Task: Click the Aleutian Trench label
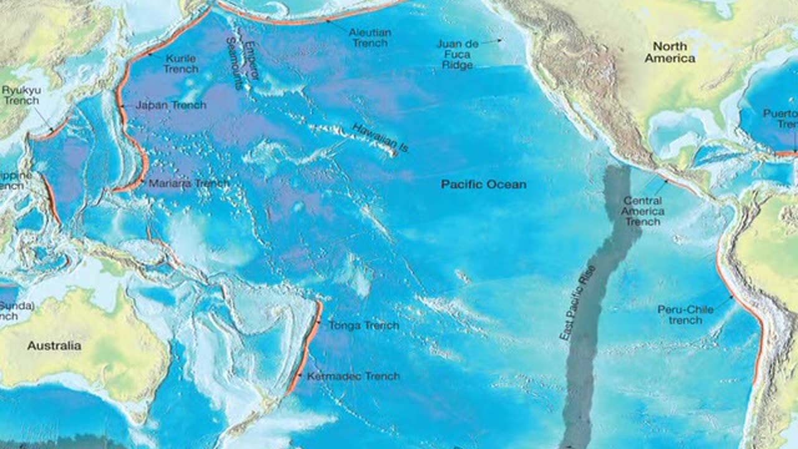(370, 37)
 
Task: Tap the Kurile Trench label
(181, 64)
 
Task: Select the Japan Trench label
(171, 105)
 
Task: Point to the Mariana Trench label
(189, 183)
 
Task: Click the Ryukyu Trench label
(21, 95)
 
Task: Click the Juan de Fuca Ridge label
(458, 54)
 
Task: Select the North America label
(670, 52)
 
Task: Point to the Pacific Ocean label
(484, 185)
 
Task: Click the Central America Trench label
(642, 211)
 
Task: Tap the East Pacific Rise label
(577, 302)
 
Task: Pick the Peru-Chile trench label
(685, 315)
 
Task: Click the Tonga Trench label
(363, 326)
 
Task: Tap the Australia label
(54, 345)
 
